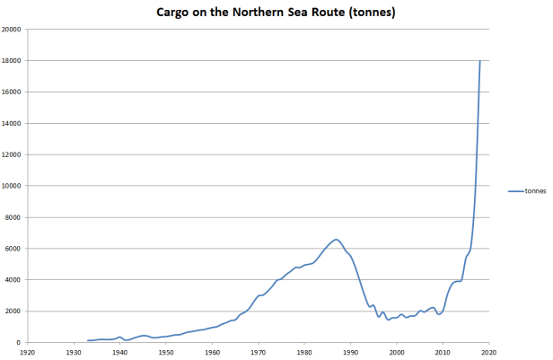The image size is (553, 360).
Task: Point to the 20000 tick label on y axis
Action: point(12,29)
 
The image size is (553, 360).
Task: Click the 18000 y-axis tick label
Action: point(12,60)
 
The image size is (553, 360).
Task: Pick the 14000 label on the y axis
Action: point(12,123)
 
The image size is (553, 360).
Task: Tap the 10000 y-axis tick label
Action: point(12,186)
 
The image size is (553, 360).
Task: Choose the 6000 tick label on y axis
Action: point(13,249)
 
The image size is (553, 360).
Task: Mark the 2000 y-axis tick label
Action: point(13,312)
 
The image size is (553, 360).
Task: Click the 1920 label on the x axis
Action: point(27,353)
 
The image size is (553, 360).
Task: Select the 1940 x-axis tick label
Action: point(119,353)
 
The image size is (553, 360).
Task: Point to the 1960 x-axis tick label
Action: point(212,353)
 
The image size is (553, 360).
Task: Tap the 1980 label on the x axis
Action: point(303,353)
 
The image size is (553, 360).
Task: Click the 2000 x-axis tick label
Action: point(396,353)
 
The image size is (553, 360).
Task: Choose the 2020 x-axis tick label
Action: point(488,353)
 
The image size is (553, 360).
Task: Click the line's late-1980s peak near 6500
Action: point(336,240)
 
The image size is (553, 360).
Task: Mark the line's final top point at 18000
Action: point(479,61)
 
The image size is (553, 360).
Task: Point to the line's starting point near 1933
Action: point(87,340)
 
